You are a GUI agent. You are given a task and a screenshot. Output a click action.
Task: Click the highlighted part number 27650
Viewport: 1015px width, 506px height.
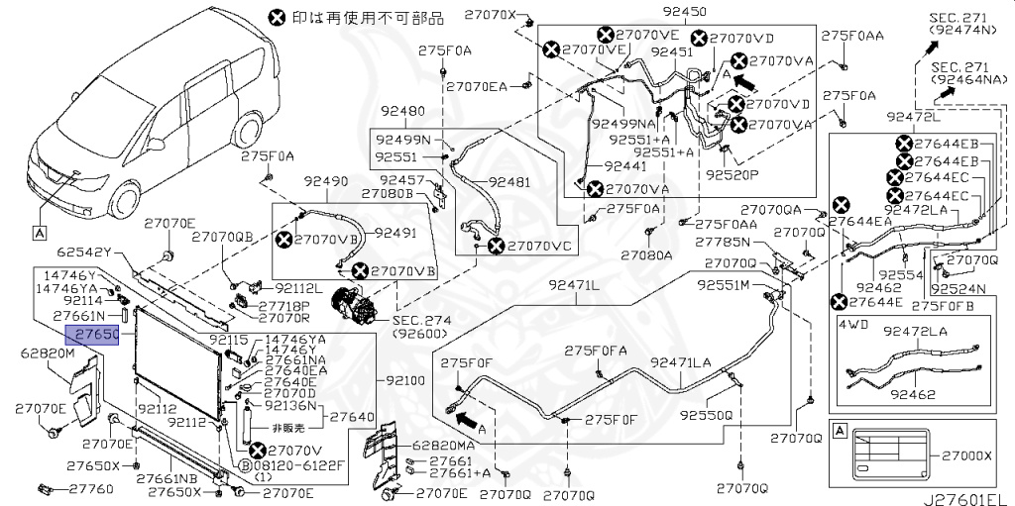[x=92, y=335]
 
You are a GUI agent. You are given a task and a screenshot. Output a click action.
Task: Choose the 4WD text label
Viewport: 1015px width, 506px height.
[x=853, y=323]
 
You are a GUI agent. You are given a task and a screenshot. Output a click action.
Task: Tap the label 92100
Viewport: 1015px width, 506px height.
[x=402, y=379]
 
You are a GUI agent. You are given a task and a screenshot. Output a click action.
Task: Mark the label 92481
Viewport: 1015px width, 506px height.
[x=508, y=182]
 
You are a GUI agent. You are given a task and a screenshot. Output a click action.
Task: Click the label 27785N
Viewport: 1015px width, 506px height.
[x=720, y=242]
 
